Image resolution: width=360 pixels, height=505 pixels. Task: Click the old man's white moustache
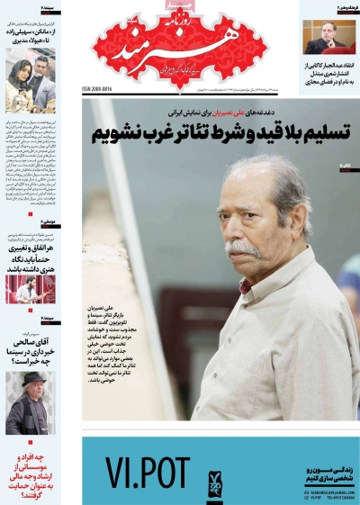coord(240,247)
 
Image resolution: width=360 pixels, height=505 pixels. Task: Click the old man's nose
coord(238,230)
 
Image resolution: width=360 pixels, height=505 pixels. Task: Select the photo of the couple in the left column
coord(30,82)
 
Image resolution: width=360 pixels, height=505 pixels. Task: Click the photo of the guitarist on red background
coord(30,289)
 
